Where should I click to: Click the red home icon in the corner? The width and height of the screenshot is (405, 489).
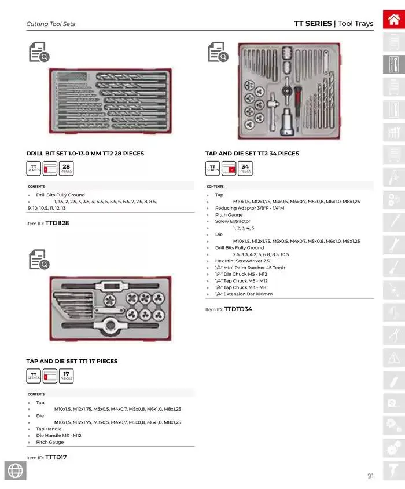pyautogui.click(x=393, y=19)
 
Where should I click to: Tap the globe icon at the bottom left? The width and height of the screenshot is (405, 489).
pyautogui.click(x=15, y=471)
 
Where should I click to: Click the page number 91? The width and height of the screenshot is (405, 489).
pyautogui.click(x=370, y=476)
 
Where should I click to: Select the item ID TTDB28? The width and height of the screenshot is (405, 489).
pyautogui.click(x=57, y=223)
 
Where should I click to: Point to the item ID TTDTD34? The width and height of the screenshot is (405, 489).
pyautogui.click(x=238, y=309)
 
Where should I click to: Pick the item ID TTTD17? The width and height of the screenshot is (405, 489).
pyautogui.click(x=56, y=457)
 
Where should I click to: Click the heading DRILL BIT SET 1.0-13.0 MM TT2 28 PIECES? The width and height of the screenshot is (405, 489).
pyautogui.click(x=85, y=154)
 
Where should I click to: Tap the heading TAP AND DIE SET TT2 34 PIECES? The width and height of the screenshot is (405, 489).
pyautogui.click(x=252, y=154)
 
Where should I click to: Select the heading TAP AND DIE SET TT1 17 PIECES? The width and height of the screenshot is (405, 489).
pyautogui.click(x=72, y=361)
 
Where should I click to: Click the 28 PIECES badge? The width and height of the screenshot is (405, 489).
pyautogui.click(x=67, y=169)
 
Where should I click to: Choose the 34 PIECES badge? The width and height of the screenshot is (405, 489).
pyautogui.click(x=245, y=169)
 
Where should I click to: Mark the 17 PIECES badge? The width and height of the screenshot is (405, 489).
pyautogui.click(x=67, y=376)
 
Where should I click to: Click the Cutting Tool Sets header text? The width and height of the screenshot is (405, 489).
pyautogui.click(x=51, y=24)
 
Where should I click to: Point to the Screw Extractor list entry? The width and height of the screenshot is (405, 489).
pyautogui.click(x=233, y=221)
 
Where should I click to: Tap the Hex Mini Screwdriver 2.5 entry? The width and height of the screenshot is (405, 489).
pyautogui.click(x=242, y=261)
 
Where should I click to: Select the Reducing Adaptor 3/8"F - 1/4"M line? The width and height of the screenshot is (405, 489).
pyautogui.click(x=250, y=208)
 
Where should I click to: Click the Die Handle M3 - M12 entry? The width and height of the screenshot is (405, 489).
pyautogui.click(x=58, y=435)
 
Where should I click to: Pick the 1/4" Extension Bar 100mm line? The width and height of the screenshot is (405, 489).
pyautogui.click(x=244, y=294)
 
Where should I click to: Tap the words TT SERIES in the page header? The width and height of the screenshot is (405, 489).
pyautogui.click(x=313, y=24)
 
